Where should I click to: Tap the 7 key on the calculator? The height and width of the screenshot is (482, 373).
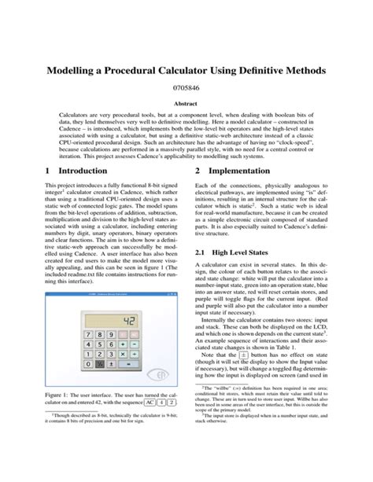pyautogui.click(x=88, y=334)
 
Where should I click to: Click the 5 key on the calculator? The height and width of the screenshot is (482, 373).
pyautogui.click(x=100, y=344)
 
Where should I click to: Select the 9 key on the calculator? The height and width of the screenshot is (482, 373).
pyautogui.click(x=111, y=334)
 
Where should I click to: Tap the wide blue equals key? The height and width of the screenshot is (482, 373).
pyautogui.click(x=128, y=364)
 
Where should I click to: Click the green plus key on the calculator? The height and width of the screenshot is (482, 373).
pyautogui.click(x=123, y=344)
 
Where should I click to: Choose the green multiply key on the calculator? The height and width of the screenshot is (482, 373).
pyautogui.click(x=123, y=354)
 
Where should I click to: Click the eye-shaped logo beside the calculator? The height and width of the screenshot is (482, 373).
pyautogui.click(x=157, y=374)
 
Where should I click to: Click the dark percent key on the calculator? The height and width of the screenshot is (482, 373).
pyautogui.click(x=100, y=364)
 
